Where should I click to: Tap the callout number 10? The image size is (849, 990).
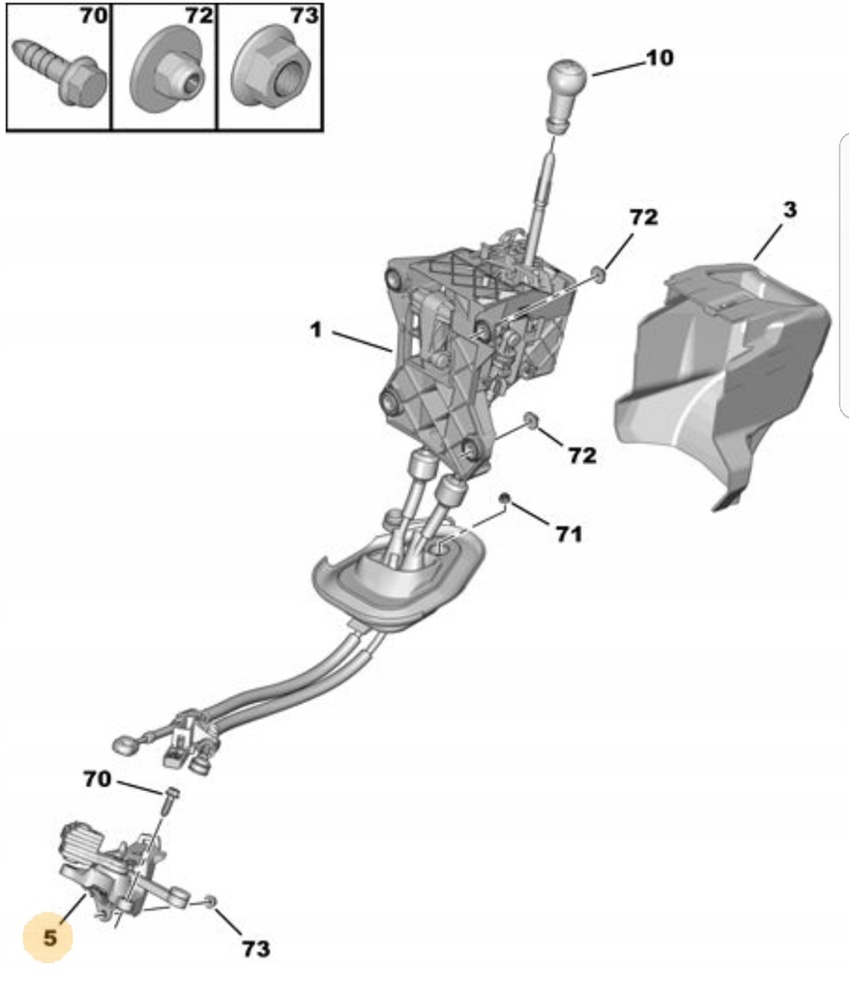[x=659, y=58]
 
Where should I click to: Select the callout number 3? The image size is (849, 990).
[x=790, y=210]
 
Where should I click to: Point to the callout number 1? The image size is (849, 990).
[x=315, y=330]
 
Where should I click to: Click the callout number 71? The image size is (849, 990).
[x=569, y=532]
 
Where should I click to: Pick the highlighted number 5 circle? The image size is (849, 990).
[x=49, y=937]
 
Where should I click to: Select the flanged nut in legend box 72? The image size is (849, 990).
[x=166, y=73]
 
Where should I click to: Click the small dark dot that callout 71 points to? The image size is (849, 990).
[x=504, y=498]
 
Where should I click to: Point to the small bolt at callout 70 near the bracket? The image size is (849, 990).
[x=170, y=797]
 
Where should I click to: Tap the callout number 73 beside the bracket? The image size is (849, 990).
[x=256, y=948]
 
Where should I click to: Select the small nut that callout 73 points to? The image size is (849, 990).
[x=210, y=901]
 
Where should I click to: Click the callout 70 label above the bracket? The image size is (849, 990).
[x=97, y=777]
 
